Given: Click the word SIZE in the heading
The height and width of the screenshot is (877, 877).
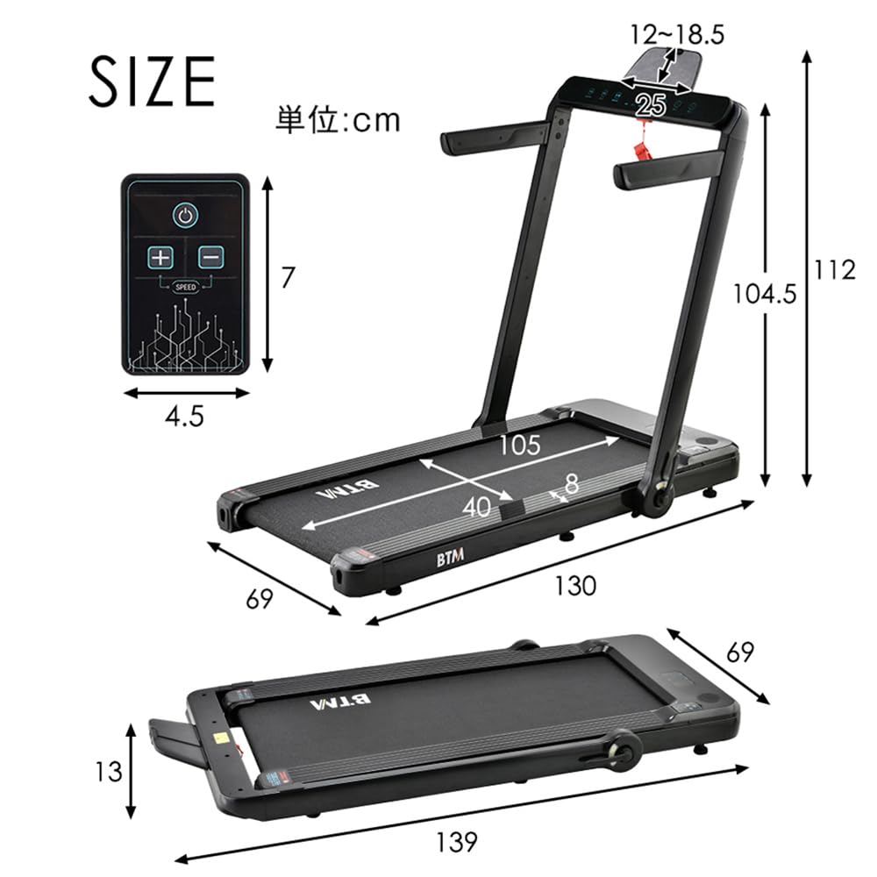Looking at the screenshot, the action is tap(152, 82).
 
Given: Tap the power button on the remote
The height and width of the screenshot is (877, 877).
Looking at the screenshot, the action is tap(185, 216).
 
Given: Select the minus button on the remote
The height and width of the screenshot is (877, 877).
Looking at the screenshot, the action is tap(210, 257).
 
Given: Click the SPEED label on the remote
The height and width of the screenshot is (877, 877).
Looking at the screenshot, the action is tap(185, 287).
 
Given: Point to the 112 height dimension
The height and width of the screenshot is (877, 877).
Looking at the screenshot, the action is tap(834, 271).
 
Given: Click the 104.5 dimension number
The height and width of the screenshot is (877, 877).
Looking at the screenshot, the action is tap(765, 294).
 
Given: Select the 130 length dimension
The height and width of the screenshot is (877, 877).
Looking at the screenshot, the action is tap(574, 586).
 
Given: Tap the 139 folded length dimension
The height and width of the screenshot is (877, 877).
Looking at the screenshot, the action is tap(456, 842).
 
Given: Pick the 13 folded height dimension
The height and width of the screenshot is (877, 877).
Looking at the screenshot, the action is tap(108, 772).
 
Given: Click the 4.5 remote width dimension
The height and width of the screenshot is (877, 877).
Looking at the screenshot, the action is tap(184, 417).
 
